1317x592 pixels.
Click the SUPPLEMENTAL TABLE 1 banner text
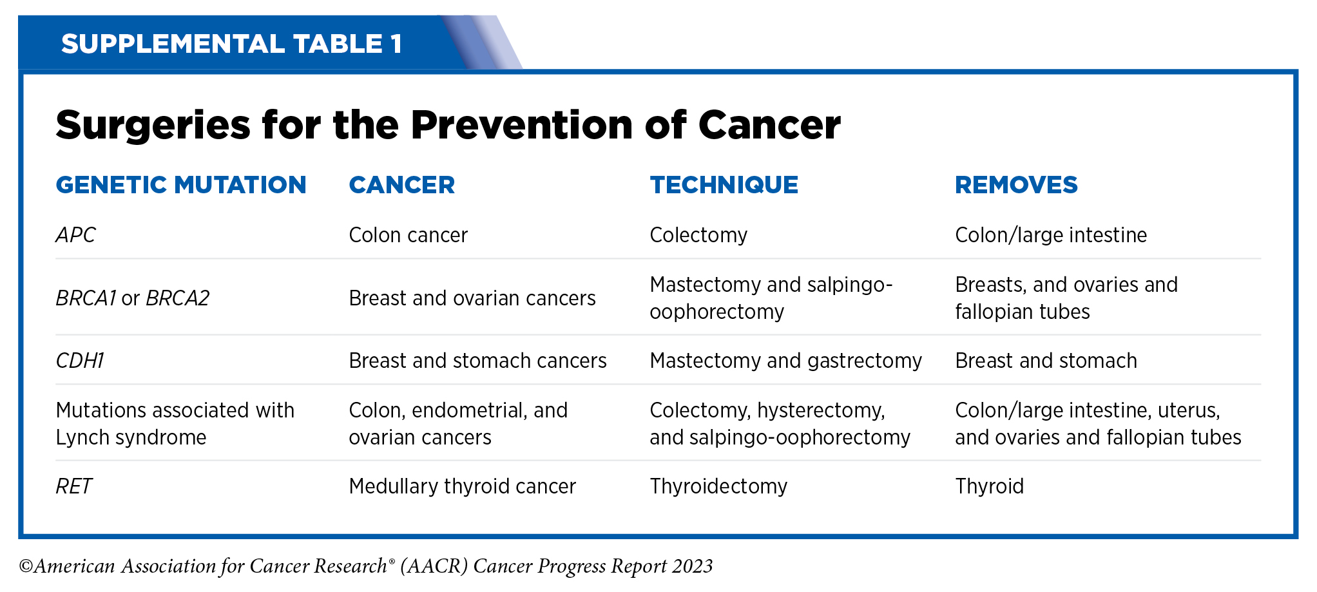coord(231,44)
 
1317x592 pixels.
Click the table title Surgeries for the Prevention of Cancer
coord(448,124)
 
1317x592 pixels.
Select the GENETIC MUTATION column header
coord(181,185)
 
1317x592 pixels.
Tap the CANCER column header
coord(402,185)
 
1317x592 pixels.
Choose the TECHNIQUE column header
coord(724,185)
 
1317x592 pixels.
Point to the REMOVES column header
coord(1016,185)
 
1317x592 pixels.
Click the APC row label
coord(75,235)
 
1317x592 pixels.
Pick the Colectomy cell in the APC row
coord(698,235)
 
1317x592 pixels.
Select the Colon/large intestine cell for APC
coord(1051,235)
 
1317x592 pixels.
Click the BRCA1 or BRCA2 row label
coord(133,298)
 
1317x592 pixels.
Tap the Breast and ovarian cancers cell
coord(472,298)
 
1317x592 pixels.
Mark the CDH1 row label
coord(80,361)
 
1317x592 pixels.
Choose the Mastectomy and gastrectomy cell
coord(786,361)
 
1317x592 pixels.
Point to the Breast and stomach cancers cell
coord(477,361)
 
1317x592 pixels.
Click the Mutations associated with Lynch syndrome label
coord(175,424)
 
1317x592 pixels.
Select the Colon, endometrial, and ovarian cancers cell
coord(458,424)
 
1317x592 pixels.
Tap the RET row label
coord(74,486)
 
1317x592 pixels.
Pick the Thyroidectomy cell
coord(718,486)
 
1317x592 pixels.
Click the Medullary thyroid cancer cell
coord(462,486)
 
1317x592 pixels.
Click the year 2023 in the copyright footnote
coord(693,566)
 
